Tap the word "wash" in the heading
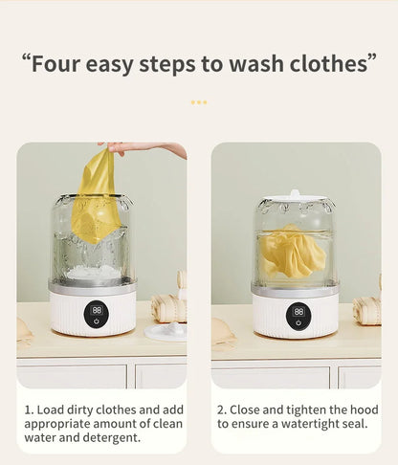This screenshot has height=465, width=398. pyautogui.click(x=256, y=64)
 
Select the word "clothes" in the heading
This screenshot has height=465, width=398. pyautogui.click(x=329, y=63)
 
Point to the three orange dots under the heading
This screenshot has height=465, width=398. pyautogui.click(x=199, y=102)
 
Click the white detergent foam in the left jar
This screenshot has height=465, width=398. pyautogui.click(x=93, y=272)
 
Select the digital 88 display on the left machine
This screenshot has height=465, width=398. pyautogui.click(x=97, y=310)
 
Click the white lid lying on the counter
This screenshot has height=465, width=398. pyautogui.click(x=166, y=332)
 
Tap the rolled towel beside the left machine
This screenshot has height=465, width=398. pyautogui.click(x=169, y=308)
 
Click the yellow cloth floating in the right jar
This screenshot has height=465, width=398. pyautogui.click(x=292, y=250)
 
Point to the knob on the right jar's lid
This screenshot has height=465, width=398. pyautogui.click(x=295, y=193)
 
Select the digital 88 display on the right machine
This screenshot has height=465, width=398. pyautogui.click(x=298, y=312)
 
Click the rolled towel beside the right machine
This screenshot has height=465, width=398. pyautogui.click(x=367, y=310)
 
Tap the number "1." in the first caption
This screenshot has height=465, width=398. pyautogui.click(x=29, y=410)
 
